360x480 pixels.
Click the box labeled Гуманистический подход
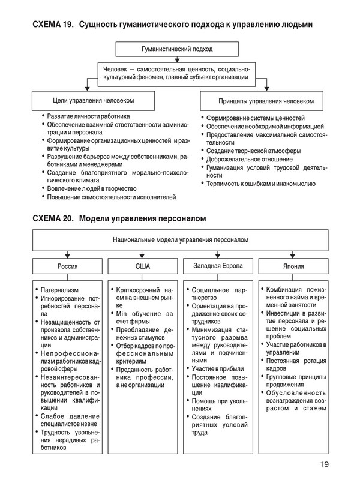(x=177, y=49)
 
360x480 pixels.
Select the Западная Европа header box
(x=215, y=265)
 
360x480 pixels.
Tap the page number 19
(x=324, y=463)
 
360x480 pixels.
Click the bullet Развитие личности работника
(x=88, y=116)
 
